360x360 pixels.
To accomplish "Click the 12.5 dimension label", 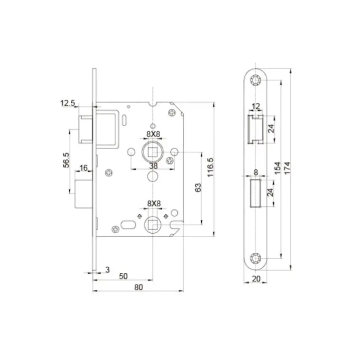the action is click(67, 103).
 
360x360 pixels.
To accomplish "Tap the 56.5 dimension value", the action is click(66, 160).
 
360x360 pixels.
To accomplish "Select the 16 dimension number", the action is click(83, 168).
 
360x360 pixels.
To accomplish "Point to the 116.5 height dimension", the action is click(210, 167).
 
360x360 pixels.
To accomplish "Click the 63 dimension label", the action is click(198, 187).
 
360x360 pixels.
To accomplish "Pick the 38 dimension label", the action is click(153, 165).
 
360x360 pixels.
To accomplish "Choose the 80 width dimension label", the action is click(139, 287).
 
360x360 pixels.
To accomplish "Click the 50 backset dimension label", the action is click(123, 276).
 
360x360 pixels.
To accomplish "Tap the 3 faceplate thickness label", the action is click(107, 269).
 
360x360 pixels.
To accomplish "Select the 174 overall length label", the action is click(287, 168).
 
